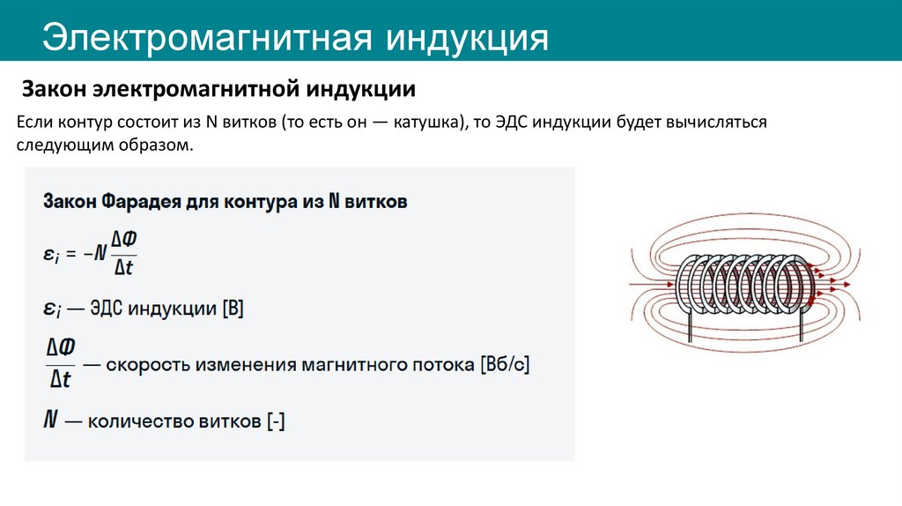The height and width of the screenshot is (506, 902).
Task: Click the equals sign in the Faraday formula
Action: click(72, 252)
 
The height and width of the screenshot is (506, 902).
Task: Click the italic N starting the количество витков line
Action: click(50, 420)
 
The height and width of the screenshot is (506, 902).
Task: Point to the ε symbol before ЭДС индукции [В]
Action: click(50, 309)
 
